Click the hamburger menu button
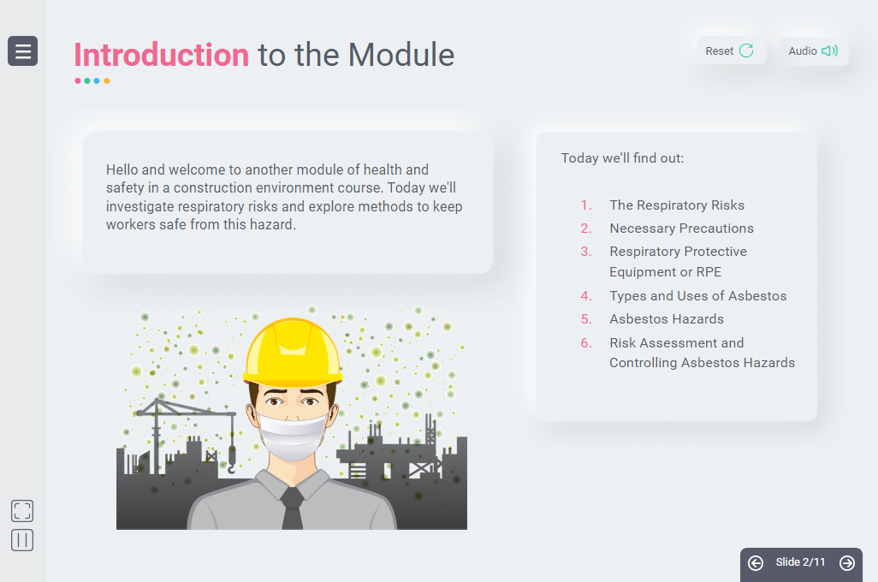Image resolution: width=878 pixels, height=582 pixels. click(22, 51)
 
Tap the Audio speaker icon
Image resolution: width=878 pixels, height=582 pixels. click(829, 51)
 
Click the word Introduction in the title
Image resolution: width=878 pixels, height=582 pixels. click(161, 55)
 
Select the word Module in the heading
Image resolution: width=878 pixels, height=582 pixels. click(401, 55)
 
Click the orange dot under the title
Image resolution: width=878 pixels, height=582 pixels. click(107, 80)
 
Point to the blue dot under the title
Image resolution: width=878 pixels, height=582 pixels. click(97, 80)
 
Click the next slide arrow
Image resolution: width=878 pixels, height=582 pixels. click(847, 562)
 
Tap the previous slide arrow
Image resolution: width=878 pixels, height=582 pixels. click(756, 562)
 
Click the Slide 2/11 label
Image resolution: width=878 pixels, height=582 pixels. click(800, 561)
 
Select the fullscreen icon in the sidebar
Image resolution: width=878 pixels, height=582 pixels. click(22, 511)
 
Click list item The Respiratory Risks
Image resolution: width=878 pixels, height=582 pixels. click(677, 205)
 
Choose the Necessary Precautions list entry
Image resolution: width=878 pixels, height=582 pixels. click(681, 228)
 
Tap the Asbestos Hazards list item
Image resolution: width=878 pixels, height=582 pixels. click(667, 318)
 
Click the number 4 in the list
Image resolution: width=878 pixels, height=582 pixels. click(585, 296)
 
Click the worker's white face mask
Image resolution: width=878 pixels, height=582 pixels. click(292, 436)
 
